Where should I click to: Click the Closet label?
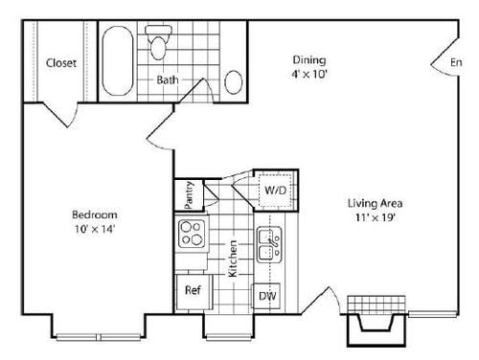[x=61, y=64]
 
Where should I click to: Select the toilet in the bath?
[x=158, y=42]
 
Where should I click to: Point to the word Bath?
[x=167, y=79]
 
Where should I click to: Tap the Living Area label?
[x=374, y=203]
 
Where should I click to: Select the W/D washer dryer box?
[x=275, y=191]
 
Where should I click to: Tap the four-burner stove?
[x=190, y=233]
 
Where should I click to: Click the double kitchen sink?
[x=268, y=246]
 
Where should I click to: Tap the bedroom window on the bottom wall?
[x=82, y=334]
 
